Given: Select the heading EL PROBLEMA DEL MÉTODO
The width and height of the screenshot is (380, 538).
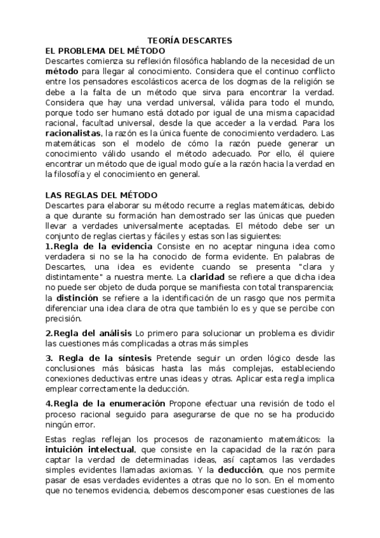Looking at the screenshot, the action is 105,51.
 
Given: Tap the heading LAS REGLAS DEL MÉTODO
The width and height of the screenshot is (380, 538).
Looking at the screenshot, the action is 102,195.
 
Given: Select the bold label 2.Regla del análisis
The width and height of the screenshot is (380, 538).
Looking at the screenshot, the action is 88,334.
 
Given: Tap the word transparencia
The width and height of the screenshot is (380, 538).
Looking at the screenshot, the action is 304,287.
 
